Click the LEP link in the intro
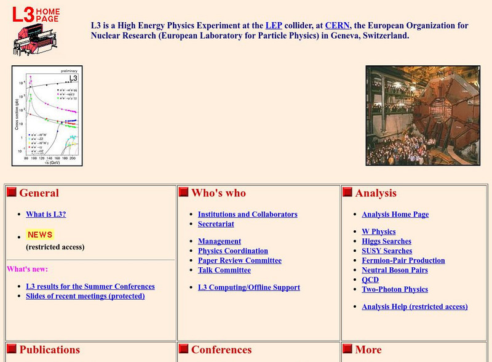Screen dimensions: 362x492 [273, 26]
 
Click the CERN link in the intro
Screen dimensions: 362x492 [337, 26]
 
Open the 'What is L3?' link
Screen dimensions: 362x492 [46, 214]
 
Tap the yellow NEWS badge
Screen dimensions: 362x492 [40, 235]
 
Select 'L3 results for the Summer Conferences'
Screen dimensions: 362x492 [90, 286]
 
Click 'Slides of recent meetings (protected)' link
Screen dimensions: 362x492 [85, 296]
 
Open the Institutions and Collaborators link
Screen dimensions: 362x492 [247, 214]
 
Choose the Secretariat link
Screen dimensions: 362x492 [216, 224]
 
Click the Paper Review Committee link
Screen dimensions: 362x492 [239, 260]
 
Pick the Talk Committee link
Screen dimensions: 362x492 [224, 270]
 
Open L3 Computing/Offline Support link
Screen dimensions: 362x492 [248, 287]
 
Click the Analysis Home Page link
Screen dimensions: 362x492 [395, 214]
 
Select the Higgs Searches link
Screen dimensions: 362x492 [386, 241]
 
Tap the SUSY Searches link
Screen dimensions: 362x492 [386, 251]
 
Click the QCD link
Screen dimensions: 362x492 [370, 280]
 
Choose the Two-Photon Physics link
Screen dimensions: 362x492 [394, 289]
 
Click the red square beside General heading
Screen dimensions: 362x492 [12, 192]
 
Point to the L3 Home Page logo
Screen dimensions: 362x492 [34, 30]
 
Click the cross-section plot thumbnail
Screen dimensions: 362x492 [47, 116]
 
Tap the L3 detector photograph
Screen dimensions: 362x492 [423, 116]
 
